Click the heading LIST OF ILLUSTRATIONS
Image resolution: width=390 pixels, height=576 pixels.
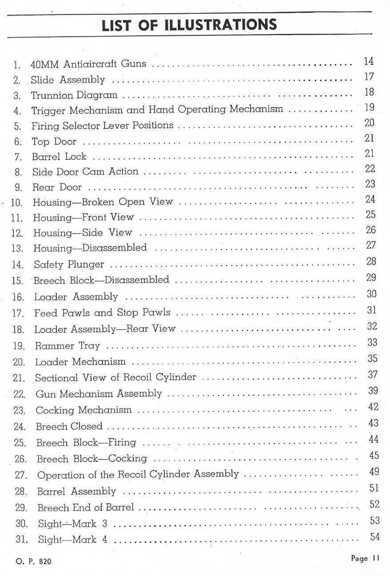(189, 24)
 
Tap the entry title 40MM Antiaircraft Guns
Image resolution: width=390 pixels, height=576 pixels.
(88, 64)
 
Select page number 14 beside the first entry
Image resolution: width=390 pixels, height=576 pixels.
(369, 61)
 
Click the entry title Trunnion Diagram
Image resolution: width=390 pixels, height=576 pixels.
(74, 95)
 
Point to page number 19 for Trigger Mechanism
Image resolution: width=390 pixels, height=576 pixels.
(369, 107)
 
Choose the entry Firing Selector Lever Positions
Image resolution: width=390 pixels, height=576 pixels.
(102, 126)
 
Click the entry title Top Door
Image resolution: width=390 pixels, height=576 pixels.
(54, 142)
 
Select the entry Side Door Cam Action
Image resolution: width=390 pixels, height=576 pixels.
(85, 172)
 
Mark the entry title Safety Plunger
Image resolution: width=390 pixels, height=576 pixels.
(69, 265)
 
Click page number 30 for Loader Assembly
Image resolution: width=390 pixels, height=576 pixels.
(372, 294)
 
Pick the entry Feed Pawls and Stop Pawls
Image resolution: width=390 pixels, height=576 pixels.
(102, 313)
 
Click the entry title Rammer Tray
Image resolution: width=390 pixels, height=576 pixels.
(68, 346)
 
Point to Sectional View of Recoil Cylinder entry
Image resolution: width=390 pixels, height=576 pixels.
(115, 377)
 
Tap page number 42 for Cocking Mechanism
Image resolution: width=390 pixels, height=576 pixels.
(373, 407)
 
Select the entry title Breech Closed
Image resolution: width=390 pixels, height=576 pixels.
(69, 426)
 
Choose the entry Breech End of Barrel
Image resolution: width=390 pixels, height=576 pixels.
(85, 507)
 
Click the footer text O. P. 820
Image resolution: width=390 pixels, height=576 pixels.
(33, 561)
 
